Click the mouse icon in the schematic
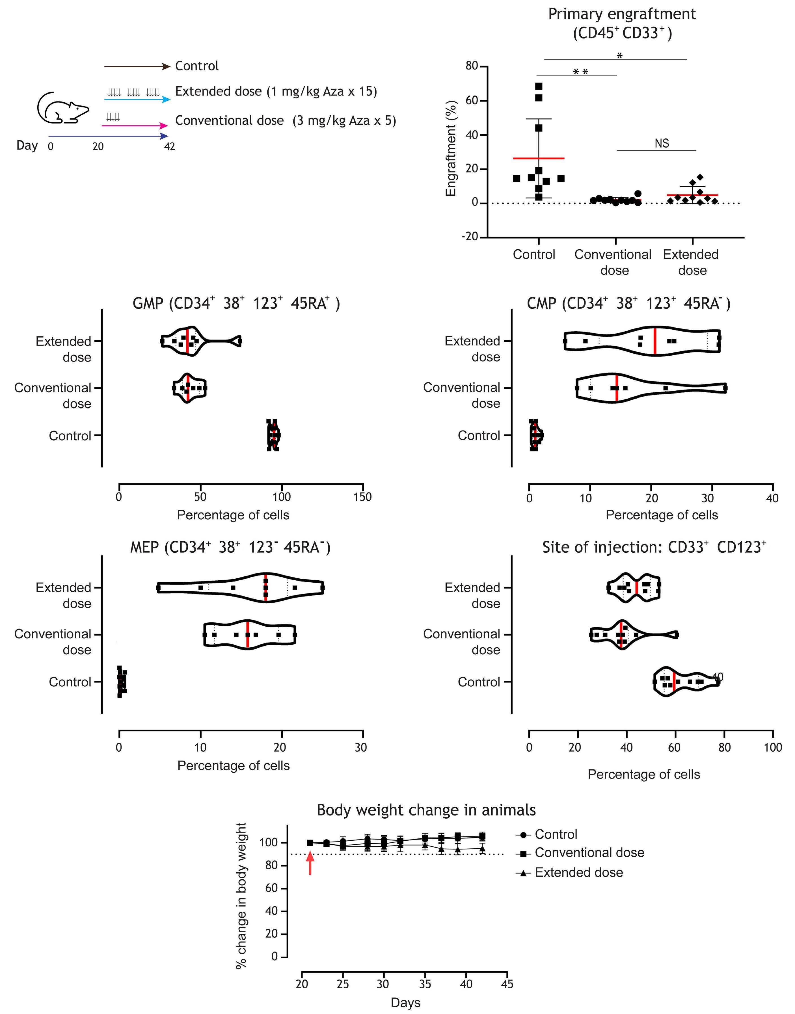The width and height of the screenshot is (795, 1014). [62, 109]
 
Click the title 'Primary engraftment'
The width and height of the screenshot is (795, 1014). [622, 14]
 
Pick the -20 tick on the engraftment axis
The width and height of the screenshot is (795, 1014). [470, 237]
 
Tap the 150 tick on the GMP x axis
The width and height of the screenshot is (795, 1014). [363, 497]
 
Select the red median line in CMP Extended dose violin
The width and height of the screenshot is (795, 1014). [655, 341]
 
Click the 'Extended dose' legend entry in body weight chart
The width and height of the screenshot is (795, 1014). [578, 873]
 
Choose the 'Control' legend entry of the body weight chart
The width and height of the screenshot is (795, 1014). [556, 834]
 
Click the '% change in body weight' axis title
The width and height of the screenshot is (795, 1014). [241, 896]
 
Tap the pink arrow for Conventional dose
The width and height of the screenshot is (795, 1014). [135, 126]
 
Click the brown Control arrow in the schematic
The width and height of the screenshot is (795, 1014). [137, 66]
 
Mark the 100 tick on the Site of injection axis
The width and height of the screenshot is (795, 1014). [773, 748]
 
